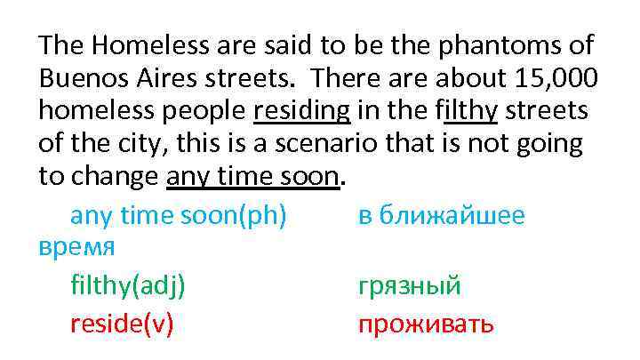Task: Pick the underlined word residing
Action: click(302, 112)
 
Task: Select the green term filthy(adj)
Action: click(128, 286)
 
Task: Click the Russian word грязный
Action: click(410, 286)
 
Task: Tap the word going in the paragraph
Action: click(558, 145)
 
